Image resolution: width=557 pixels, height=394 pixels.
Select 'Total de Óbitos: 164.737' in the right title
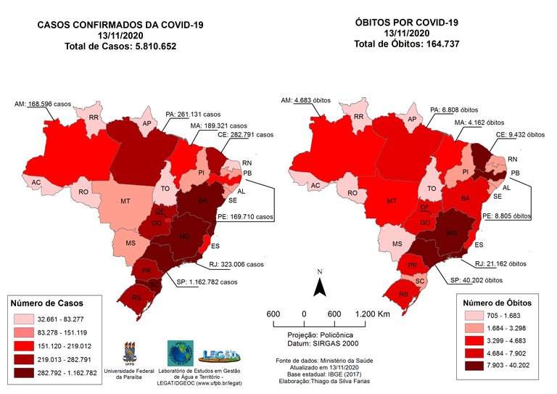coord(407,44)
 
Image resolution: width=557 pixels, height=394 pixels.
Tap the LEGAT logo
coord(223,353)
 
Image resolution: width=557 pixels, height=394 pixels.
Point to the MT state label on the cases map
coord(125,200)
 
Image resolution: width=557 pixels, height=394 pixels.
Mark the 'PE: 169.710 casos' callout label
coord(246,216)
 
